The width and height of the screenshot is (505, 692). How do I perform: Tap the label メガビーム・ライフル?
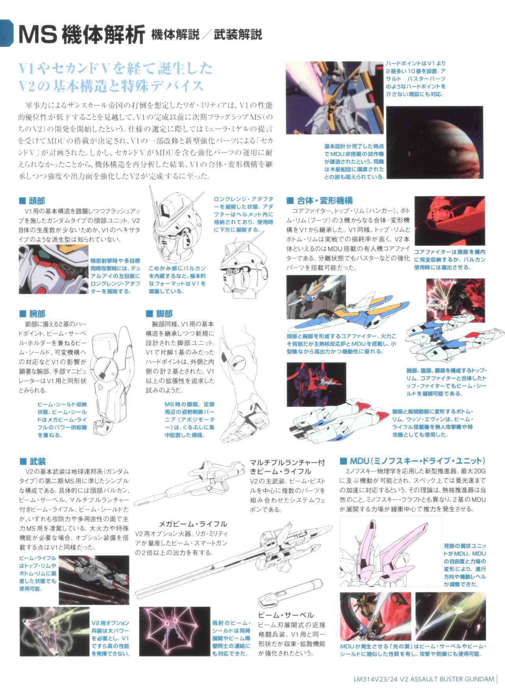(x=193, y=524)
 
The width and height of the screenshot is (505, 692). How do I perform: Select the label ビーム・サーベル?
(x=286, y=615)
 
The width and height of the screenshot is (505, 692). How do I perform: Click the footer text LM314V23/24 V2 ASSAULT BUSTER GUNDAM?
(x=425, y=679)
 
